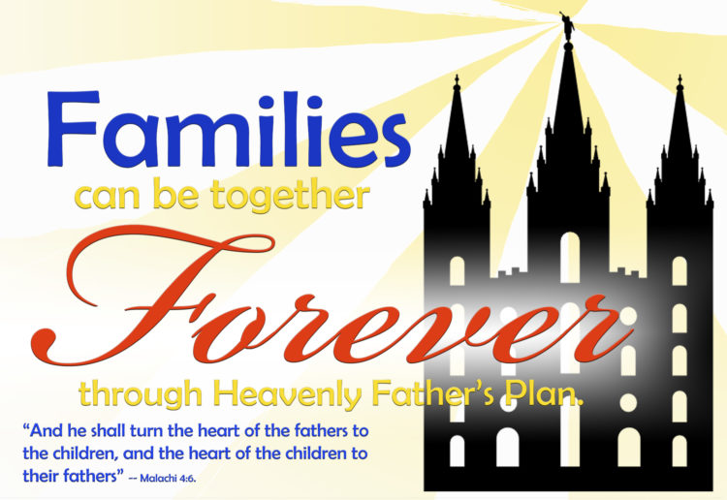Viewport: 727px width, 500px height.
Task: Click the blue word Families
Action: coord(229,129)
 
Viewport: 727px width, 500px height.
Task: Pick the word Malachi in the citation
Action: coord(160,479)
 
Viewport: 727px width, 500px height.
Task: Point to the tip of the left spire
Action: coord(458,76)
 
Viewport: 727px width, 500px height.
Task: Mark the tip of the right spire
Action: coord(680,76)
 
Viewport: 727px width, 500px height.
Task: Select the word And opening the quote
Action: coord(47,431)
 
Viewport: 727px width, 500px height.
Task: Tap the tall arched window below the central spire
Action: coord(570,256)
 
